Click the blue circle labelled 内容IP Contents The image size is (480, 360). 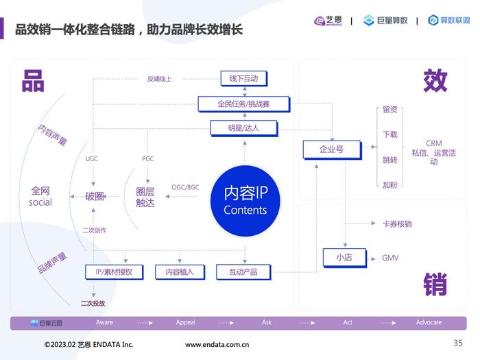coord(245,201)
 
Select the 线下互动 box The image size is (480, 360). coord(244,79)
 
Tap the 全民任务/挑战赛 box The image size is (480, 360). coord(244,104)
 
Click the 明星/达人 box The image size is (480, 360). coord(244,128)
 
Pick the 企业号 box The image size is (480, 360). coord(332,149)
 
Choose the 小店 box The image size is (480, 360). coord(345,258)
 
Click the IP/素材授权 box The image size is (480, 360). coord(115,272)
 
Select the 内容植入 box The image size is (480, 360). coord(180,272)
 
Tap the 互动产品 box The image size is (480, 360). coord(243,272)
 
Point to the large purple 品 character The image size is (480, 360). coord(33,81)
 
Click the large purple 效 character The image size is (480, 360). coord(435,80)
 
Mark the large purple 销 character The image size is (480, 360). coord(435,285)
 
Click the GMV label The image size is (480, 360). coord(390,258)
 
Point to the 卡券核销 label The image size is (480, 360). coord(397,224)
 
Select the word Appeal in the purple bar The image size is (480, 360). coord(186,322)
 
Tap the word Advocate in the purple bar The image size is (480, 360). coord(429,322)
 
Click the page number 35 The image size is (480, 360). coord(458,343)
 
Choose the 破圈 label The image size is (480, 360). coord(95,196)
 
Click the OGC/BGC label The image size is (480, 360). coord(185,187)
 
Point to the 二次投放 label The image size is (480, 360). coord(93,303)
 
